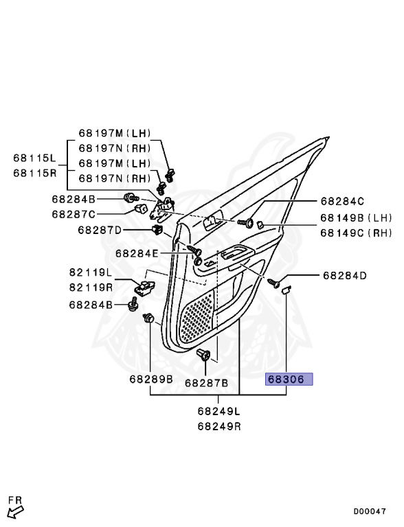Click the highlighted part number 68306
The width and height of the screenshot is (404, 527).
[289, 379]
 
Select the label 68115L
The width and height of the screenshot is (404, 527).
[34, 159]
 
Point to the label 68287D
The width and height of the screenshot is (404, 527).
[100, 230]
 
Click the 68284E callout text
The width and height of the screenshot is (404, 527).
[137, 253]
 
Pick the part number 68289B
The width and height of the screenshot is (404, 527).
[150, 379]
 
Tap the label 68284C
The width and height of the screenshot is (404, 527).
[341, 201]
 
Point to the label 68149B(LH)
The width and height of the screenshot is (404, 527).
[355, 218]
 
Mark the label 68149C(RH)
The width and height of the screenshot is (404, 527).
[355, 233]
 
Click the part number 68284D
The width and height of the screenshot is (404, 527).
[345, 276]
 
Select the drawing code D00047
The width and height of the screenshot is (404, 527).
[370, 511]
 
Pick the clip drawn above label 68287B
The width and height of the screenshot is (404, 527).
[203, 355]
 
